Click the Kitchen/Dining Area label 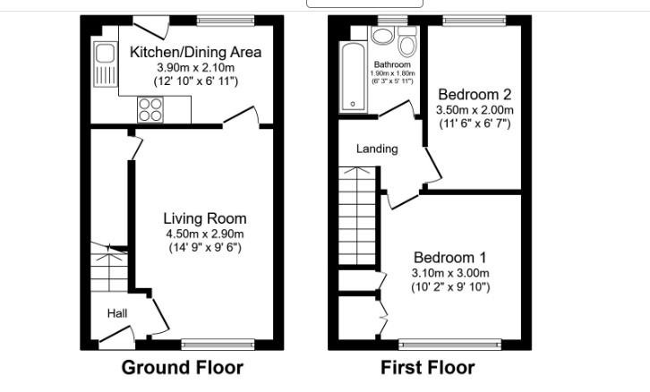(195, 52)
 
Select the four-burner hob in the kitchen (150, 109)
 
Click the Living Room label (204, 218)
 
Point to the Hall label (116, 313)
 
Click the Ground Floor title (182, 367)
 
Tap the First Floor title (427, 367)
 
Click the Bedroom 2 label (474, 94)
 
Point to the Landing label (377, 149)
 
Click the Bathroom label (391, 64)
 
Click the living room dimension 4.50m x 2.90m (204, 234)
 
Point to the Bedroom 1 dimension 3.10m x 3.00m (450, 273)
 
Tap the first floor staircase (355, 218)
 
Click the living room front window (217, 344)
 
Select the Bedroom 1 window (449, 344)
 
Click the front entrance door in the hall (115, 337)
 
